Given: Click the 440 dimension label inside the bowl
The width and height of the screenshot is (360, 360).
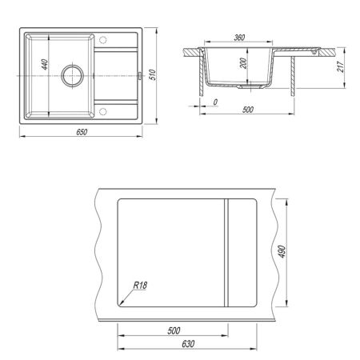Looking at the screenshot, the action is coord(46,65).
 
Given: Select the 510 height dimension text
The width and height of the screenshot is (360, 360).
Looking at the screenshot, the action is coord(153,75).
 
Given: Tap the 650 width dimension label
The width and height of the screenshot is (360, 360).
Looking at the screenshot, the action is coord(82,132).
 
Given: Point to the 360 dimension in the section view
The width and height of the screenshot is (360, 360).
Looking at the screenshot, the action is coord(239,38).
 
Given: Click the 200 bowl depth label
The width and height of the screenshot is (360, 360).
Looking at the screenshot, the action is coord(243,63).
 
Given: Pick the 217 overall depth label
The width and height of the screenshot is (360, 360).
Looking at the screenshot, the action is coord(341,66).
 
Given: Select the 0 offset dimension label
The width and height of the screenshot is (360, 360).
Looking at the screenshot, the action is coord(215,102).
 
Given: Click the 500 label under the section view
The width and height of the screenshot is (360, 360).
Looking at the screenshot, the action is coord(248,110).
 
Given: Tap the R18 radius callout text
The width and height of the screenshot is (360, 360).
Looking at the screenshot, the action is coord(140,286).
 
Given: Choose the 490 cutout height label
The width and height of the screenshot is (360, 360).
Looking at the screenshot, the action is coord(282,251).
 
